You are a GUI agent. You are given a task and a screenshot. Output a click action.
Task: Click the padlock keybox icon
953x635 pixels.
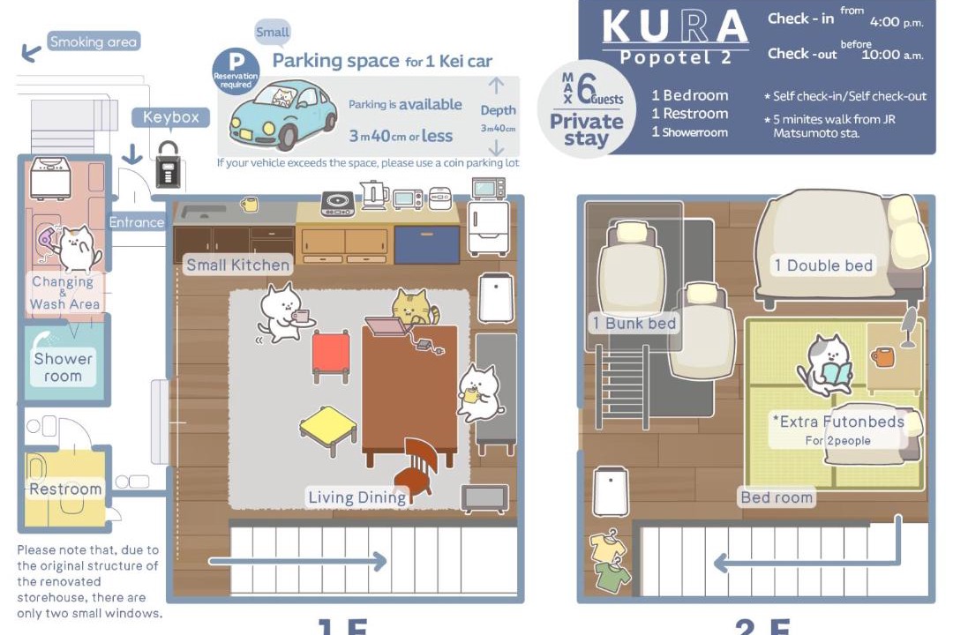pyautogui.click(x=168, y=164)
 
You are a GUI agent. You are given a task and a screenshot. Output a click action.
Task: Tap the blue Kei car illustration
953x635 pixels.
pyautogui.click(x=282, y=116)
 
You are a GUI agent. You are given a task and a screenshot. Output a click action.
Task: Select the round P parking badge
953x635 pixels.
pyautogui.click(x=236, y=71)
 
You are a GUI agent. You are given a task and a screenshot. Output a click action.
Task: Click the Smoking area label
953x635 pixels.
pyautogui.click(x=94, y=41)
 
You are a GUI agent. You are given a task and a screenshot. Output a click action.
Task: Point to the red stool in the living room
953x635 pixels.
pyautogui.click(x=331, y=356)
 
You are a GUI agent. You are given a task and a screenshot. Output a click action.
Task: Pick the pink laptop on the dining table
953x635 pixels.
pyautogui.click(x=386, y=325)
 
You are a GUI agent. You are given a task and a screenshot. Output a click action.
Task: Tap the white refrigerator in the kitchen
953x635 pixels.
pyautogui.click(x=488, y=228)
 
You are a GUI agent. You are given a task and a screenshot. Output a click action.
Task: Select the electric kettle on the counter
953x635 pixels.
pyautogui.click(x=373, y=195)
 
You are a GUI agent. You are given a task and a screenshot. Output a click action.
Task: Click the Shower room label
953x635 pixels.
pyautogui.click(x=64, y=367)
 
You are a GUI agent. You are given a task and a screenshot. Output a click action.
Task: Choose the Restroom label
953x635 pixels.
pyautogui.click(x=65, y=489)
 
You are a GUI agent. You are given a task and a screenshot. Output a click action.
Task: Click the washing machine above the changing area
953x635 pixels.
pyautogui.click(x=50, y=178)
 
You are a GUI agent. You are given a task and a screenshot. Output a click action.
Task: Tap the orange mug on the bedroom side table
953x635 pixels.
pyautogui.click(x=882, y=356)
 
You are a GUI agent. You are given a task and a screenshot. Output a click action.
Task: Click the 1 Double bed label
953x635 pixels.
pyautogui.click(x=823, y=265)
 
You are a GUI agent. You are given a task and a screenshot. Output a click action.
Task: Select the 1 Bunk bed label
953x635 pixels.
pyautogui.click(x=634, y=324)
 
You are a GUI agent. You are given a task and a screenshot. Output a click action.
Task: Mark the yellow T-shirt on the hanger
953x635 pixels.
pyautogui.click(x=608, y=547)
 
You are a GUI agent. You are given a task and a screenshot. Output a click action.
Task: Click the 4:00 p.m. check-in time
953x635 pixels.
pyautogui.click(x=897, y=22)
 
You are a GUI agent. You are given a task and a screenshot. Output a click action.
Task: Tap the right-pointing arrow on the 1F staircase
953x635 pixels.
pyautogui.click(x=298, y=561)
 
